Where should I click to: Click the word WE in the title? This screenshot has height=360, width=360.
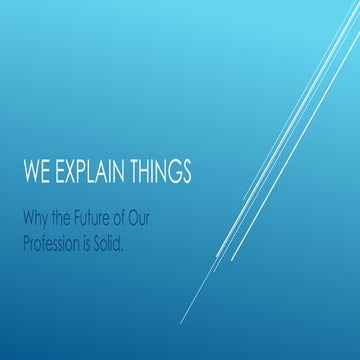[35, 171]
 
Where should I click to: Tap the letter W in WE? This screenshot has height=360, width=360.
[30, 171]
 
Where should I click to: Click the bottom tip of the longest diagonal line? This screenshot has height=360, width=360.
[180, 323]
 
